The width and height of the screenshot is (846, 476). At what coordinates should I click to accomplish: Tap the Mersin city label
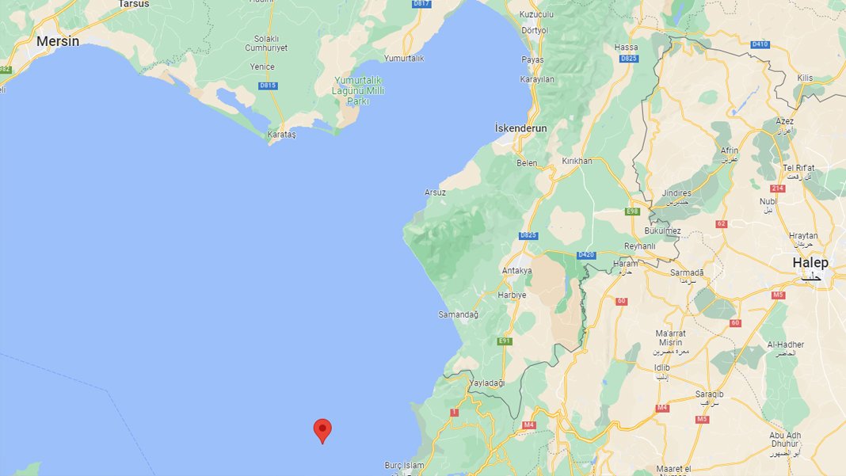(x=58, y=41)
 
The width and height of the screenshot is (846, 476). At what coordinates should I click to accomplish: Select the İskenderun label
(x=520, y=128)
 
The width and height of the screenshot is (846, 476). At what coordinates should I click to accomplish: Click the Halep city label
(x=810, y=263)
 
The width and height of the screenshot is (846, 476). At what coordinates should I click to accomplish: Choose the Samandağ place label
(x=459, y=314)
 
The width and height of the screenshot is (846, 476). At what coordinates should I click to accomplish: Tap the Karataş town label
(x=281, y=135)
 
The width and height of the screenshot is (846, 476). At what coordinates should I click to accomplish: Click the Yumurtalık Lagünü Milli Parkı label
(x=359, y=91)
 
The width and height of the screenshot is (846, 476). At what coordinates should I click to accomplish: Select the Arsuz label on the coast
(x=435, y=192)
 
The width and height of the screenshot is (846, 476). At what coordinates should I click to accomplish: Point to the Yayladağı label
(x=487, y=383)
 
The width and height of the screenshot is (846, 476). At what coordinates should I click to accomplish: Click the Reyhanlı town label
(x=640, y=246)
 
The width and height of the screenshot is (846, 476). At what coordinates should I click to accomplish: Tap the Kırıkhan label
(x=577, y=161)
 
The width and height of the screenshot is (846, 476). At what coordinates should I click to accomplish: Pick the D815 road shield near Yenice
(x=268, y=86)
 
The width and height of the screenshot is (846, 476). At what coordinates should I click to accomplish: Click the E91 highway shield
(x=504, y=341)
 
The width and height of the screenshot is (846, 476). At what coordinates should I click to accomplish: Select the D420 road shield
(x=586, y=255)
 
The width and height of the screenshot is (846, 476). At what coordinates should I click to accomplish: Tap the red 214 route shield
(x=777, y=188)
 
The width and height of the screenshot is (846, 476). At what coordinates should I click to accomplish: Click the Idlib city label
(x=662, y=367)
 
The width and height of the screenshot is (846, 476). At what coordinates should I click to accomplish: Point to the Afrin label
(x=730, y=150)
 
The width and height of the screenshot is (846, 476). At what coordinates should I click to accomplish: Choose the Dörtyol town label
(x=535, y=30)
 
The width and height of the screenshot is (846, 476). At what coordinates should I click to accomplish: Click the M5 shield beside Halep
(x=779, y=295)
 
